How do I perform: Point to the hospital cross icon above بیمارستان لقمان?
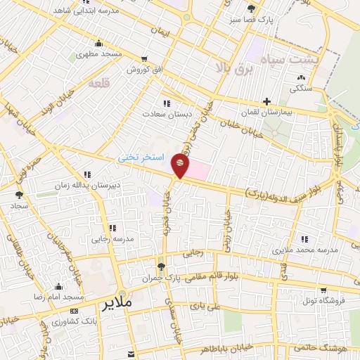pyautogui.click(x=266, y=102)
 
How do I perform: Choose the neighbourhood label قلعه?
pyautogui.click(x=99, y=83)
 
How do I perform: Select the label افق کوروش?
pyautogui.click(x=144, y=70)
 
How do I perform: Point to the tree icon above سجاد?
pyautogui.click(x=19, y=195)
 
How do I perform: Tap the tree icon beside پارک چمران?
pyautogui.click(x=162, y=267)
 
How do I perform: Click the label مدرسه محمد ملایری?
pyautogui.click(x=304, y=250)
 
